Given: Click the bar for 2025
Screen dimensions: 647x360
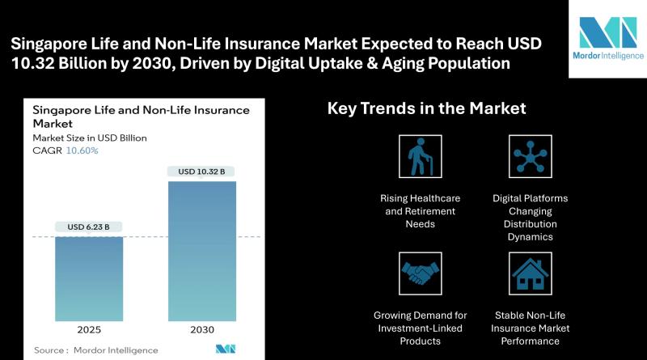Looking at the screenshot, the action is pyautogui.click(x=89, y=278).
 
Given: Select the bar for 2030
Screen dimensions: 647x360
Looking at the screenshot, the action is pyautogui.click(x=202, y=251).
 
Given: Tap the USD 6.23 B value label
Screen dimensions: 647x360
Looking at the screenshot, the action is pyautogui.click(x=89, y=227).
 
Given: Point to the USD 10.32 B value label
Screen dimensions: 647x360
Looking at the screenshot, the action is pyautogui.click(x=201, y=172).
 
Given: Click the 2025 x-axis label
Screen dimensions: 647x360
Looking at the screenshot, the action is pyautogui.click(x=89, y=330).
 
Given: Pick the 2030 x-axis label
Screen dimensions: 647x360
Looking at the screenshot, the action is pyautogui.click(x=202, y=330).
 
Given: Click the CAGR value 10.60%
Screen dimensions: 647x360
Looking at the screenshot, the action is pyautogui.click(x=82, y=150).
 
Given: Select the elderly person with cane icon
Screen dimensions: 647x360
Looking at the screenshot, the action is pyautogui.click(x=420, y=156).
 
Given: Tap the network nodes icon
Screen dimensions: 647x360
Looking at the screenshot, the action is pyautogui.click(x=531, y=156).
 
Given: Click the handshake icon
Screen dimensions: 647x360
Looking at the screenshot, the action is pyautogui.click(x=420, y=273).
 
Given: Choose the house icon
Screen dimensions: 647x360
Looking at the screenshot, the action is pyautogui.click(x=531, y=273).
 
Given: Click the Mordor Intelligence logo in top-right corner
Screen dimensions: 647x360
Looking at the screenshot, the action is pyautogui.click(x=608, y=38).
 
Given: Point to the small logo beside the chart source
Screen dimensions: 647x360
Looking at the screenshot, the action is pyautogui.click(x=226, y=349).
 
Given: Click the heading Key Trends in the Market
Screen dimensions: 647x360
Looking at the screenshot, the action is pyautogui.click(x=427, y=108).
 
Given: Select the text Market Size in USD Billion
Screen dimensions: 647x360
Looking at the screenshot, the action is pyautogui.click(x=90, y=138).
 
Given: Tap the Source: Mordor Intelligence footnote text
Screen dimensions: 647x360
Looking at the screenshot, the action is pyautogui.click(x=95, y=350).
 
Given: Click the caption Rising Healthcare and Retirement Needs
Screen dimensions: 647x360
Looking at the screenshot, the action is pyautogui.click(x=420, y=211).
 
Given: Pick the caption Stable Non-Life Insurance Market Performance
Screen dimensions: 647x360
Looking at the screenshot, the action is pyautogui.click(x=531, y=328).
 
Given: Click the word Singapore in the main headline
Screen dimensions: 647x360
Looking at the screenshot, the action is pyautogui.click(x=49, y=44).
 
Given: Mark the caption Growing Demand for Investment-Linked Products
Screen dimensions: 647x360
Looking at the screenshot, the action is pyautogui.click(x=420, y=328).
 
